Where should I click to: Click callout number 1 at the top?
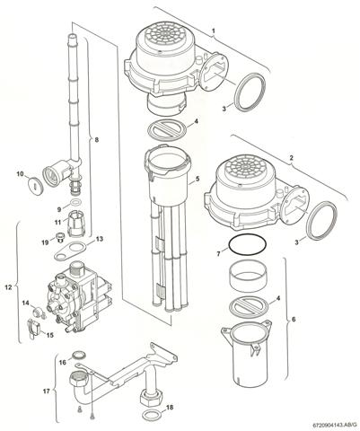pyautogui.click(x=213, y=31)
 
